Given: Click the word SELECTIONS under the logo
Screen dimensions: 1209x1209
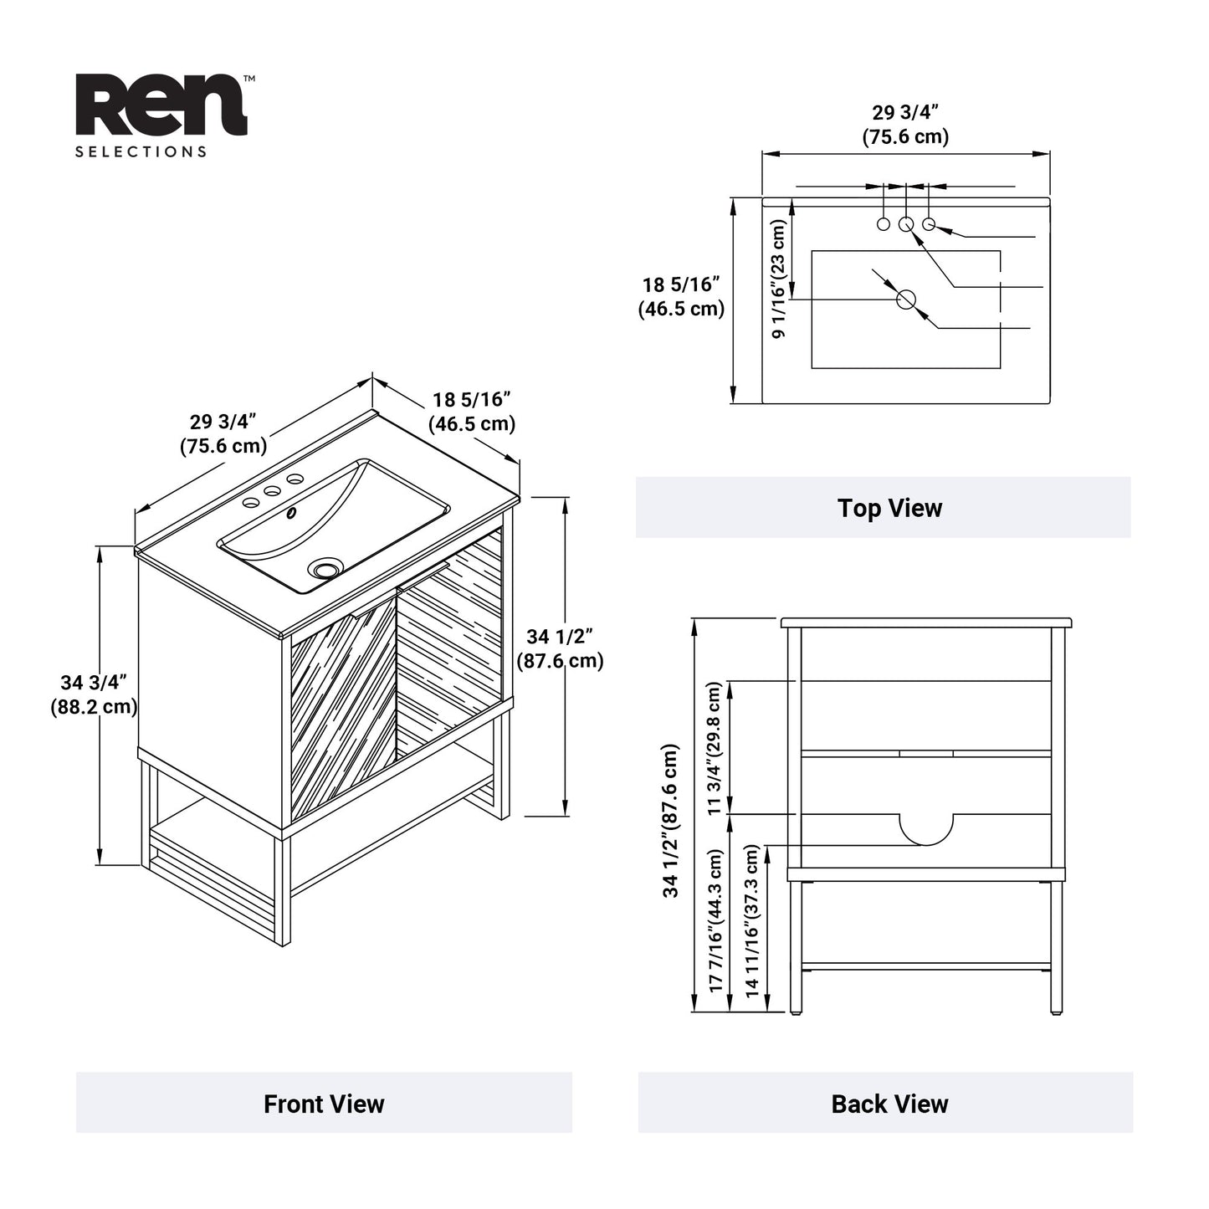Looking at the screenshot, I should [141, 152].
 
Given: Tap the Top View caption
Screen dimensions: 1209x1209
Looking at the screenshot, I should [889, 508].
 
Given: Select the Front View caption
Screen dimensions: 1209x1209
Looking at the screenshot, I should [324, 1104].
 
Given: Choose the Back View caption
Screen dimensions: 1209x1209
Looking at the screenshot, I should [889, 1104].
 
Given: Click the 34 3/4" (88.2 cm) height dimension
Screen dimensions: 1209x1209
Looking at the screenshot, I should [93, 694].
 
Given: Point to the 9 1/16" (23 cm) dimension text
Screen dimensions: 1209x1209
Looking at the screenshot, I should [778, 279].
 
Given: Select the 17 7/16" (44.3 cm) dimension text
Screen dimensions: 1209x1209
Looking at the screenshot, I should [715, 920].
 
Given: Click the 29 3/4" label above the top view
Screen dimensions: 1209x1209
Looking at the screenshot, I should [905, 124].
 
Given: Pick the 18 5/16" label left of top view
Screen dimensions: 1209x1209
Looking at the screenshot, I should [681, 297].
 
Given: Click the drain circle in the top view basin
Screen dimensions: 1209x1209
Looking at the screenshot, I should [906, 299].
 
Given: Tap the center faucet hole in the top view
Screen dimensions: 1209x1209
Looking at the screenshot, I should [905, 224].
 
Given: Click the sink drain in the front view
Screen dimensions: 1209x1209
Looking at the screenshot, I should [325, 569].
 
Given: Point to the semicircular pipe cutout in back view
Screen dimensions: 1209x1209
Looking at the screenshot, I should [926, 828].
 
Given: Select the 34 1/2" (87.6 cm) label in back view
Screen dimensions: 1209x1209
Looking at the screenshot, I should [671, 820].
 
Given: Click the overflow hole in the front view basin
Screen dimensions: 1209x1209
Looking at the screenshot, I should [291, 513].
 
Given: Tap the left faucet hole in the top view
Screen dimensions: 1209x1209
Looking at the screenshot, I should [883, 224].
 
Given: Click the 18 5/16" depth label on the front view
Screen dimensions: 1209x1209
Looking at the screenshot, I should [472, 412].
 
